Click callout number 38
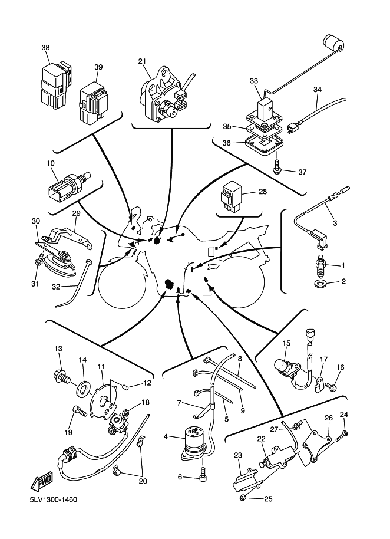[x=46, y=48]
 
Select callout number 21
[x=142, y=61]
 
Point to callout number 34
[x=318, y=90]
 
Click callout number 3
[x=335, y=223]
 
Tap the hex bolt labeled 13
[x=61, y=373]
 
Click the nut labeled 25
[x=243, y=499]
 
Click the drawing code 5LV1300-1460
[x=52, y=500]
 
